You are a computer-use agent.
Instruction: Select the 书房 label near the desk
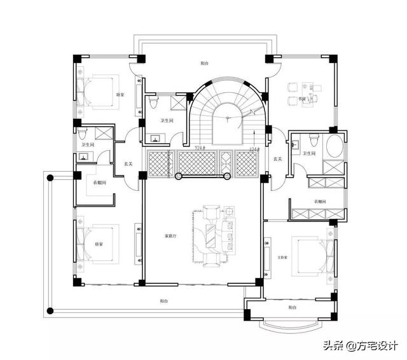[303, 100]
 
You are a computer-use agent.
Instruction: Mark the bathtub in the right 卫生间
[335, 148]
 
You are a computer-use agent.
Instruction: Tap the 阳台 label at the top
[203, 64]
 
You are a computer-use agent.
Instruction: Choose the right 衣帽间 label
[319, 202]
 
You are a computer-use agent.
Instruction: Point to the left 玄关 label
[128, 164]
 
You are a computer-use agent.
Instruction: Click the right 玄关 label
[277, 158]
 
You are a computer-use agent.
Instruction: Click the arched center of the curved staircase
[226, 118]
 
